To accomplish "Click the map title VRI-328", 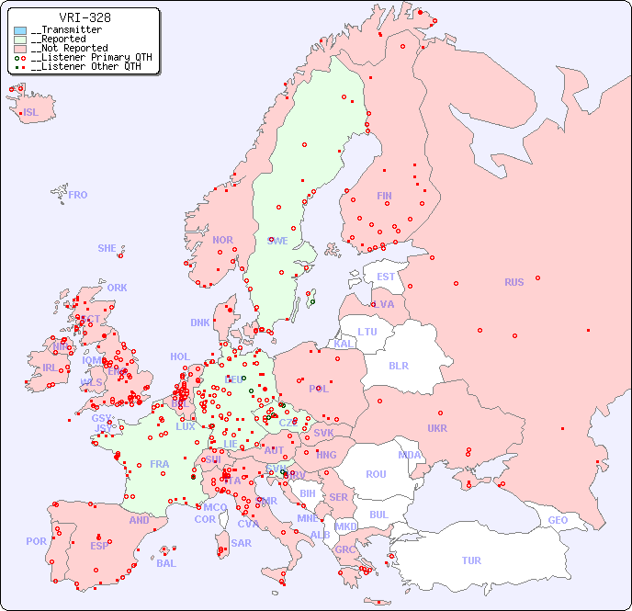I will tap(85, 17).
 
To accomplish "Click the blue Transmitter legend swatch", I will tap(20, 30).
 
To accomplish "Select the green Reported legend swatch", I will tap(20, 40).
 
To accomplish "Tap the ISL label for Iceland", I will tap(31, 113).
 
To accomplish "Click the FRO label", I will tap(78, 195).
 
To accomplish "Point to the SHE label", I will tap(107, 248).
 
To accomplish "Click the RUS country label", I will tap(513, 282).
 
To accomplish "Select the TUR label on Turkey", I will tap(471, 560).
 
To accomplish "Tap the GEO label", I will tap(558, 520).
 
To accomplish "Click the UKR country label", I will tap(437, 428).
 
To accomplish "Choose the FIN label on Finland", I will tap(384, 196).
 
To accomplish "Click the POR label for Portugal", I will tap(36, 541).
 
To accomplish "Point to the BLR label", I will tap(399, 365).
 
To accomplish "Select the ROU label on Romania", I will tap(376, 474).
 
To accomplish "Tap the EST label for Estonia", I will tap(386, 277).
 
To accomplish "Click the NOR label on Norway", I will tap(222, 240).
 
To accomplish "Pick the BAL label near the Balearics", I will tap(166, 563).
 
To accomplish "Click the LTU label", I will tap(367, 332).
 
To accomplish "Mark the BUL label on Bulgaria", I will tap(378, 515).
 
